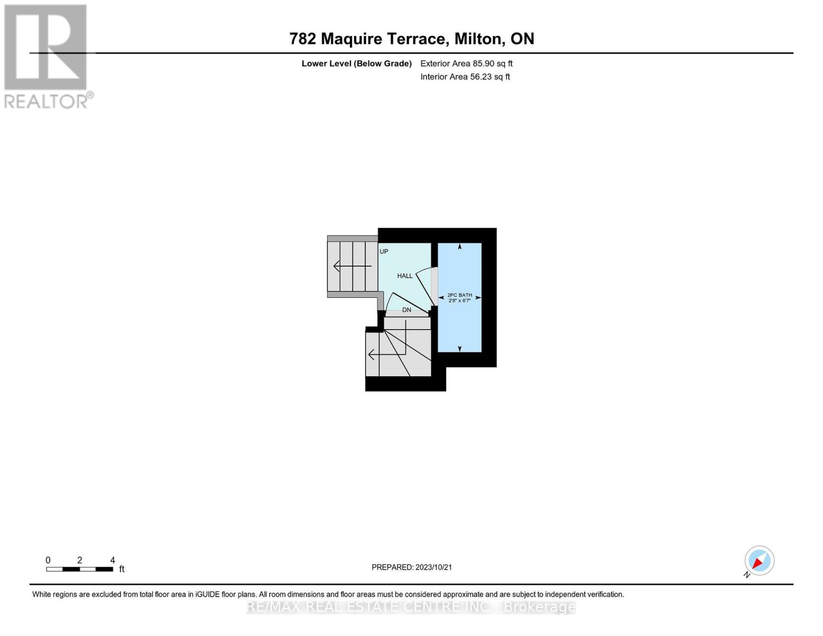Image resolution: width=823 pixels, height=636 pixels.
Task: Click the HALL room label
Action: (x=405, y=276)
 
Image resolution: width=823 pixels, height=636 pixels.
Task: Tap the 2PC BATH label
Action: (x=459, y=295)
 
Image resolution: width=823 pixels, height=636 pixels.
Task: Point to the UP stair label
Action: (x=384, y=251)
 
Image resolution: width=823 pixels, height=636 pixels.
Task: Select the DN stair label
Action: (x=406, y=310)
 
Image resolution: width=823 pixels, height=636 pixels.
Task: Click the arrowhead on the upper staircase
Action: (x=337, y=266)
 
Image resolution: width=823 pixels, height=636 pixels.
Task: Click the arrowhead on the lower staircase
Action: (x=371, y=354)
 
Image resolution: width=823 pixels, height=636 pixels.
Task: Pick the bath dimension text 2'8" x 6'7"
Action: (x=459, y=301)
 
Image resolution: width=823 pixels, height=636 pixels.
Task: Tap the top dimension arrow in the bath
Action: (x=459, y=246)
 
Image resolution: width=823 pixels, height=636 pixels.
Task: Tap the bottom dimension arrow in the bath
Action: (x=459, y=348)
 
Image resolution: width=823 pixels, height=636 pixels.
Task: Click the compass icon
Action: (x=759, y=561)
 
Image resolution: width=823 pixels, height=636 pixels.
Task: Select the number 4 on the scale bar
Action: (x=112, y=560)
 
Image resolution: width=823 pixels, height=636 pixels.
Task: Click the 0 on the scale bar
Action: (x=48, y=560)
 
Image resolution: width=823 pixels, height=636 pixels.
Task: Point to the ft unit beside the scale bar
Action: (x=122, y=569)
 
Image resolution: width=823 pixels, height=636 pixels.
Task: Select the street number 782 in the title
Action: (x=303, y=39)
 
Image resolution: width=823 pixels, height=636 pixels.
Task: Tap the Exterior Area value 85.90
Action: (x=483, y=64)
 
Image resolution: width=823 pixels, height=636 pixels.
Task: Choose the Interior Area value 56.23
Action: (x=481, y=77)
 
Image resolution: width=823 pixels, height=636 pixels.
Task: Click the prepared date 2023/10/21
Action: (x=433, y=567)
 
